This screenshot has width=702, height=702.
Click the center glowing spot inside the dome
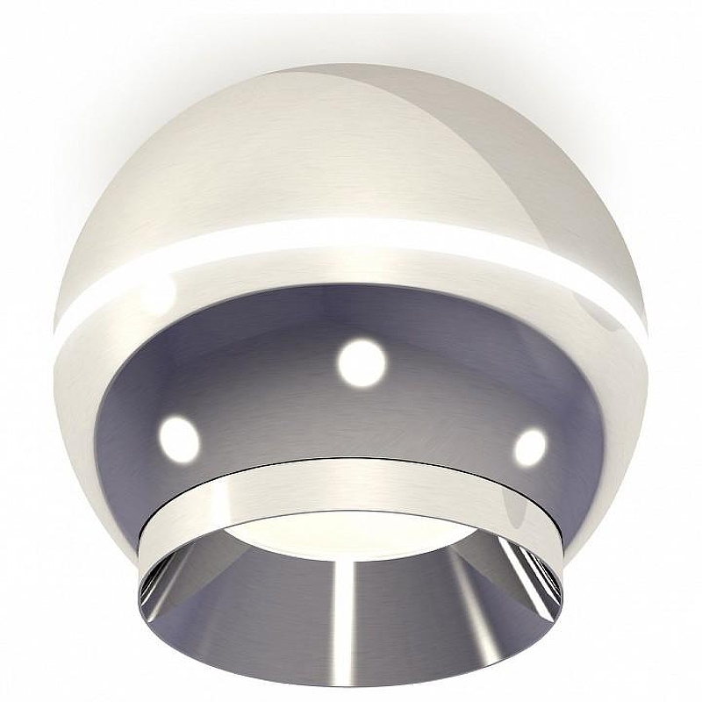pyautogui.click(x=362, y=362)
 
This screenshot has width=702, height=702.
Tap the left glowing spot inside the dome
pyautogui.click(x=178, y=434)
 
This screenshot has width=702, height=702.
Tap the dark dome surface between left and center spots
pyautogui.click(x=263, y=395)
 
